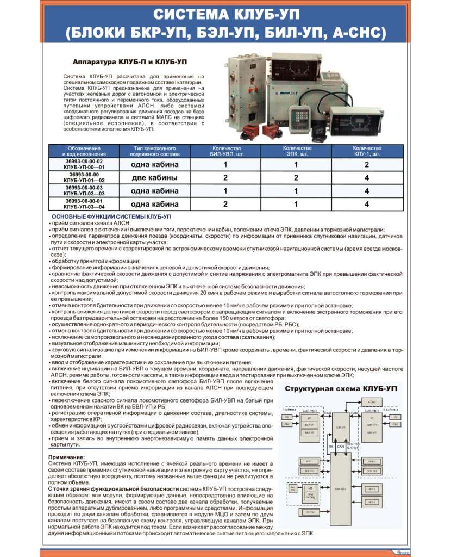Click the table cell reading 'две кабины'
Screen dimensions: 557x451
(x=154, y=178)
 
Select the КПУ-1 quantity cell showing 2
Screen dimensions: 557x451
(x=367, y=164)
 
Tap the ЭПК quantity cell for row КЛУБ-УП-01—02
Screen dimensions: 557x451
(x=296, y=178)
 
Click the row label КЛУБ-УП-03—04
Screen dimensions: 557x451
(x=84, y=207)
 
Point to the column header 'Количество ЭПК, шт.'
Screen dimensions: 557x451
(x=297, y=151)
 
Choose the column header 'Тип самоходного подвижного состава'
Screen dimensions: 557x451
(x=154, y=151)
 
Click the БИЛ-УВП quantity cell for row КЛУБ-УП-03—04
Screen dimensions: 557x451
(x=225, y=204)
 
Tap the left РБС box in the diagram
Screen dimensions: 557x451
(x=288, y=424)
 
